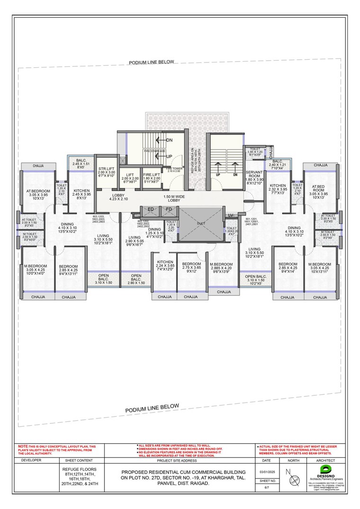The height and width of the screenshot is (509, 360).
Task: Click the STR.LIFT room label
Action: click(106, 171)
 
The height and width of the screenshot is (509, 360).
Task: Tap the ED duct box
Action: click(151, 209)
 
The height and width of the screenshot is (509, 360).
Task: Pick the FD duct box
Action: click(169, 209)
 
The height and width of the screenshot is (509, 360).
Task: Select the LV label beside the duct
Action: click(231, 216)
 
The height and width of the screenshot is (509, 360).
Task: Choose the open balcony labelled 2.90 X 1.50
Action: click(136, 279)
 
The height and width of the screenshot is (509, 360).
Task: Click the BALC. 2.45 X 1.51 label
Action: click(81, 163)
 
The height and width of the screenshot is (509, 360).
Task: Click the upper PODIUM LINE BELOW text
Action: click(152, 62)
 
